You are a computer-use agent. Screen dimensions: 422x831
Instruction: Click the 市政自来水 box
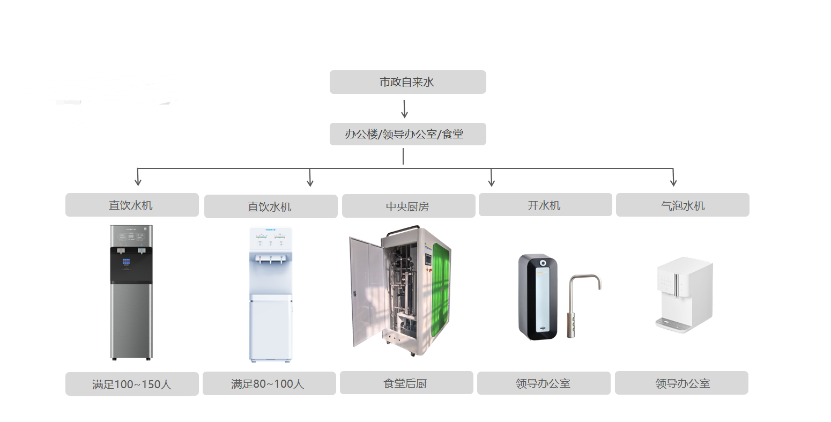pos(407,82)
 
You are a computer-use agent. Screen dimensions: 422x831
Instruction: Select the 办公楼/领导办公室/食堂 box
pos(407,134)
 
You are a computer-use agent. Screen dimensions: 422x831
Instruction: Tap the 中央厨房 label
pos(408,206)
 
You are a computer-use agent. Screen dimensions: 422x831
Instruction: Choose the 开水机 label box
pos(545,205)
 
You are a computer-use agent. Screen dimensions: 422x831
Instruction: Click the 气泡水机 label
pos(682,205)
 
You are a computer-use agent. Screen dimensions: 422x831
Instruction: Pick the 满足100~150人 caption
pos(132,384)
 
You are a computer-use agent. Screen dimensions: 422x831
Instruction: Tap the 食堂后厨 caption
pos(406,383)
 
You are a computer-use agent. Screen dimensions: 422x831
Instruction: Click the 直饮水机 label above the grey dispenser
pos(132,205)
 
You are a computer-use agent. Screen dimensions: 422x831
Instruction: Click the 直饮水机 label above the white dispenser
pos(270,206)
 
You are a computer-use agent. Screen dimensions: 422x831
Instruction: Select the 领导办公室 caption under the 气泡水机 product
pos(681,383)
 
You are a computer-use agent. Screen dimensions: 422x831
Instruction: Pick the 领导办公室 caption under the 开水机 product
pos(543,383)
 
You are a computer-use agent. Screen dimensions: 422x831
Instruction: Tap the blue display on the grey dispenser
pos(127,262)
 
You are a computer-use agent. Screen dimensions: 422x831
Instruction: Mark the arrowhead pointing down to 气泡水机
pos(673,182)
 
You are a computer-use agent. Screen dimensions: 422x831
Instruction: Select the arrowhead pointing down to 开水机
pos(491,182)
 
